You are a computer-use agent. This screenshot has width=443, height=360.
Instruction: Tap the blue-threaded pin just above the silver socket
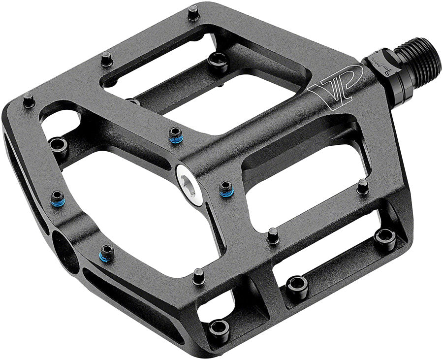coord(175,134)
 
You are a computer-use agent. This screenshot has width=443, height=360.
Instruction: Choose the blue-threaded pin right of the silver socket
coord(226,188)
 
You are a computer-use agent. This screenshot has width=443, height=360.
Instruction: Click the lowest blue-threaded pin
coord(107,253)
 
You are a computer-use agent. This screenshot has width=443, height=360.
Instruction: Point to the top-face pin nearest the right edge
coord(363,186)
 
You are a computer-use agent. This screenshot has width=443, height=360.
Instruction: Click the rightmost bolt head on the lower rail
coord(384,236)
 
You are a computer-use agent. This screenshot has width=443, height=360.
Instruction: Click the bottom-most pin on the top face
coord(198,276)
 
